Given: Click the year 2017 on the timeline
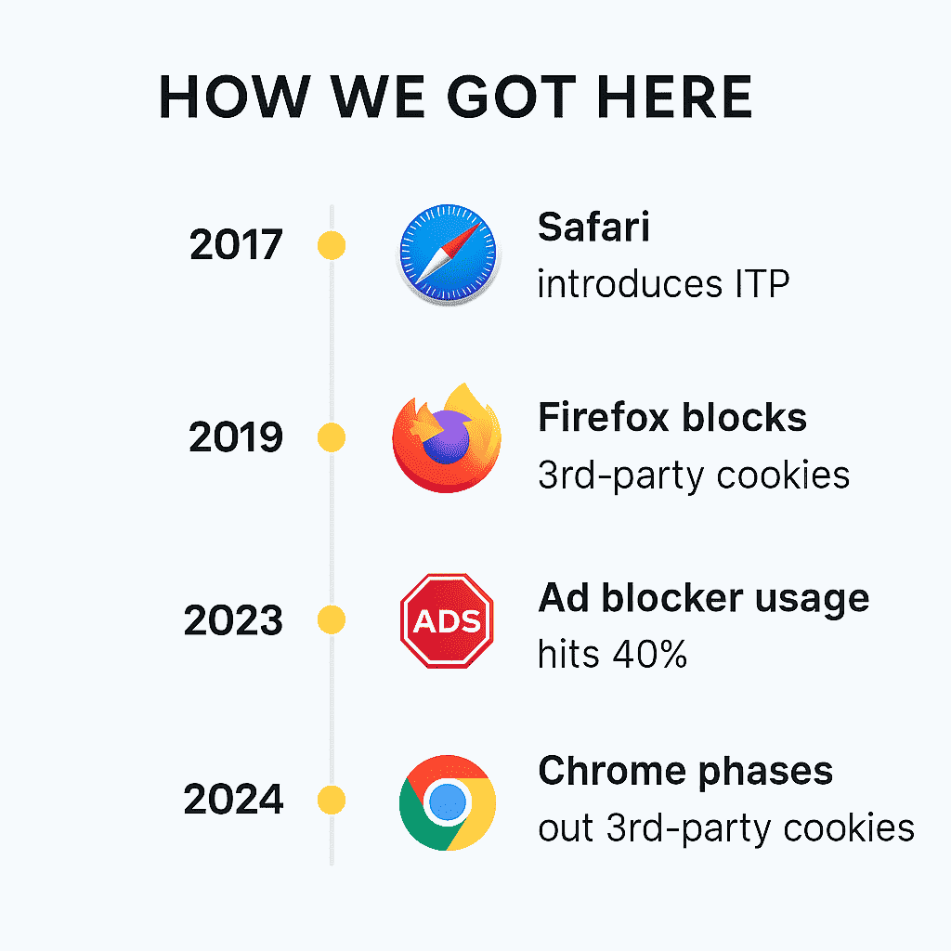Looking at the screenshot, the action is point(236,245).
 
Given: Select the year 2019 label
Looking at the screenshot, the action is point(236,437).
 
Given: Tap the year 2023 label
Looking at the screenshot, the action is point(233,620).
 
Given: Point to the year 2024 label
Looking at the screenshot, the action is point(233,799).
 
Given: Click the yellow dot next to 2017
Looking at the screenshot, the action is point(332,245).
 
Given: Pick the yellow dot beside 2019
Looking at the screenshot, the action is point(332,438).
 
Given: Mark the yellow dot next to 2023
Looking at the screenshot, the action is point(332,619).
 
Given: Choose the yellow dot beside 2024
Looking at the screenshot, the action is point(332,800).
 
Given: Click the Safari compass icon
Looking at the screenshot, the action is point(449,254).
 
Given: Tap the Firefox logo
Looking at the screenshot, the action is point(447,438).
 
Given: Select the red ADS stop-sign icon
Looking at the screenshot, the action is point(447,620).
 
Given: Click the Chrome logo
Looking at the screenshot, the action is point(448,802).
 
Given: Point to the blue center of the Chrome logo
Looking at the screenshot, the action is point(448,801).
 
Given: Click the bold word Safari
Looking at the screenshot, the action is point(593,227).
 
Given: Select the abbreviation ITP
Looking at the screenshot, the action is point(762,283).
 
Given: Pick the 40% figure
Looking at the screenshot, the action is point(649,655).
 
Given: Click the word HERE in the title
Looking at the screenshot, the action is point(674,97).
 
